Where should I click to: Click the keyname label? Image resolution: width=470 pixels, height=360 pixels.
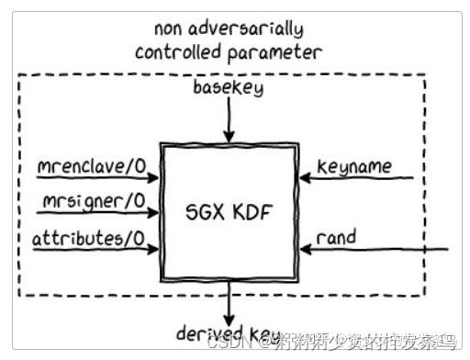pyautogui.click(x=354, y=166)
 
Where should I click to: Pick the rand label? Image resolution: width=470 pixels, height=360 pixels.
pyautogui.click(x=335, y=237)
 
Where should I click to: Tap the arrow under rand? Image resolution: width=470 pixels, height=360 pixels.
pyautogui.click(x=376, y=249)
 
